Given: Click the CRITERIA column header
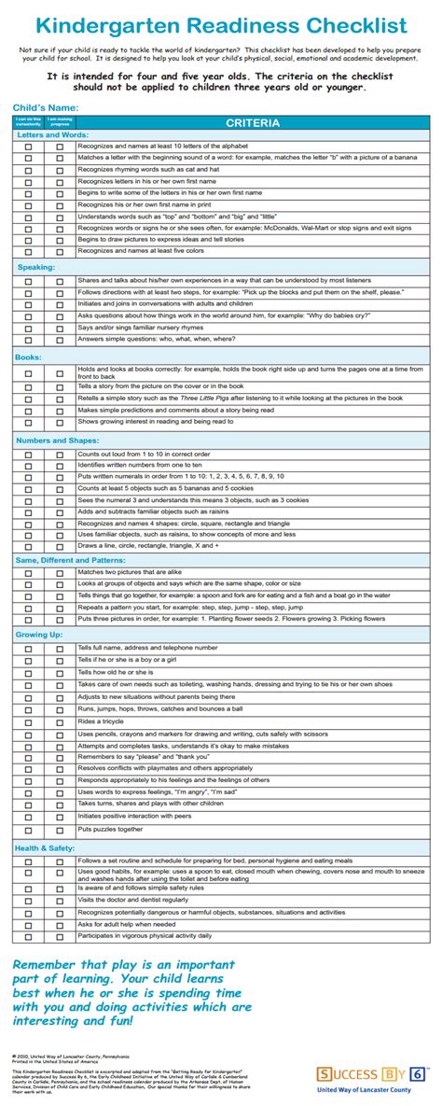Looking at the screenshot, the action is [x=252, y=123].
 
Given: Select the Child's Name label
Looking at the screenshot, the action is [x=47, y=107].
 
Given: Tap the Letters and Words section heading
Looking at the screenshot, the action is [x=52, y=135].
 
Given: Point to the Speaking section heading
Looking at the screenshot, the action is [x=35, y=267].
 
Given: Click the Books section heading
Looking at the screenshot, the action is [x=29, y=357].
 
